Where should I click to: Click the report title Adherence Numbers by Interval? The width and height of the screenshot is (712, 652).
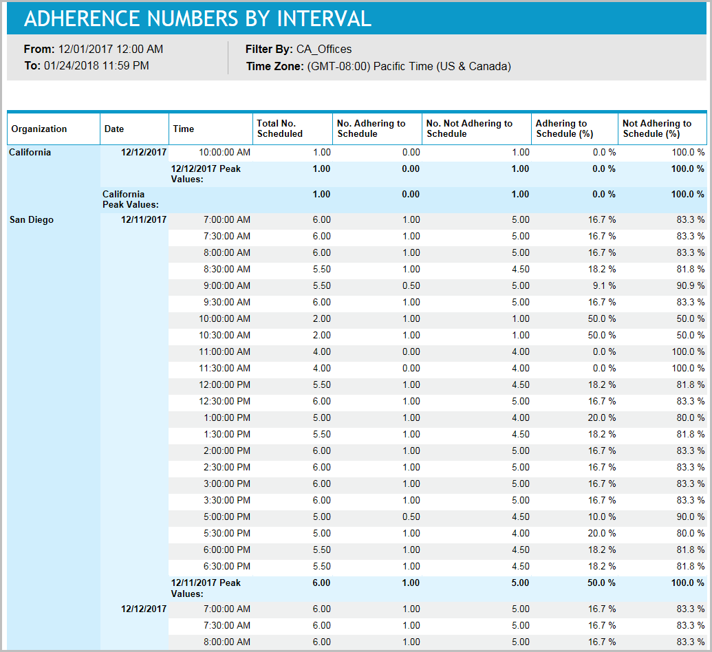pyautogui.click(x=197, y=19)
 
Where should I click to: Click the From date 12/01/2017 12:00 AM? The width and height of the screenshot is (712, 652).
pyautogui.click(x=111, y=50)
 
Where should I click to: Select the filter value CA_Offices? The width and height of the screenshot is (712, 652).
pyautogui.click(x=324, y=50)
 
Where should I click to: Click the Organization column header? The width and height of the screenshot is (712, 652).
pyautogui.click(x=39, y=129)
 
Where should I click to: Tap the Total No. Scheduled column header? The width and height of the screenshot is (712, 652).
pyautogui.click(x=279, y=129)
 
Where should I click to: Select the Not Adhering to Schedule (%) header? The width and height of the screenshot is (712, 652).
pyautogui.click(x=657, y=129)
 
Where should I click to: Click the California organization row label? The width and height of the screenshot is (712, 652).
pyautogui.click(x=30, y=153)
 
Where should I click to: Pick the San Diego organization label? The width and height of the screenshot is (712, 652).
pyautogui.click(x=31, y=220)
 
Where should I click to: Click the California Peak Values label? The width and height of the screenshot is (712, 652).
pyautogui.click(x=131, y=199)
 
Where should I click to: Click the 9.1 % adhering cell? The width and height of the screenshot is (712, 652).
pyautogui.click(x=602, y=286)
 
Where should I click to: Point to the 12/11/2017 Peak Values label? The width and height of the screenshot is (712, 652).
pyautogui.click(x=206, y=588)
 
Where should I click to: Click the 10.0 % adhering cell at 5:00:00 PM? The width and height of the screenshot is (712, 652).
pyautogui.click(x=601, y=517)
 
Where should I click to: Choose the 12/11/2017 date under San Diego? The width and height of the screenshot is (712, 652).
pyautogui.click(x=144, y=220)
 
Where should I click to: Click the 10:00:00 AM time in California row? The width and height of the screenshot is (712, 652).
pyautogui.click(x=224, y=153)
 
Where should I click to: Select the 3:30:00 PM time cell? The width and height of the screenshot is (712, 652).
pyautogui.click(x=227, y=501)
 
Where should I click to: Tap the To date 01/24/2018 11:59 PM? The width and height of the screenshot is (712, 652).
pyautogui.click(x=96, y=67)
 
